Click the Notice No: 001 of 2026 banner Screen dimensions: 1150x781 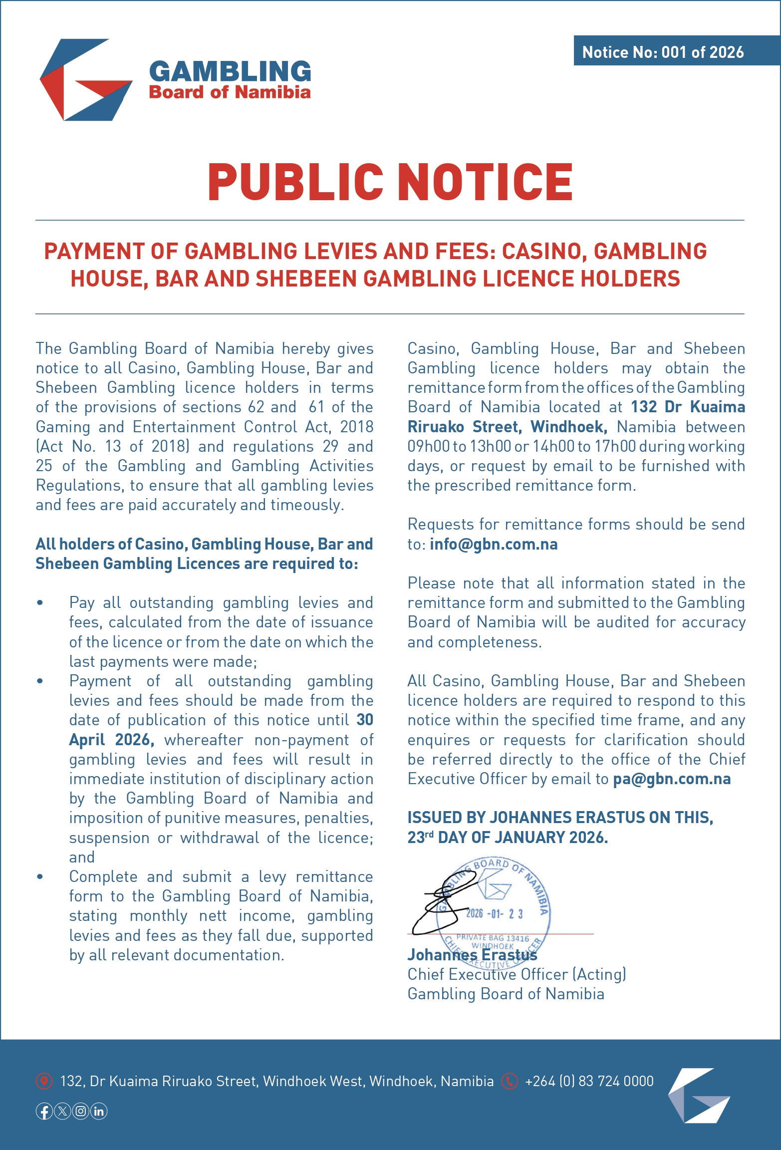click(x=663, y=52)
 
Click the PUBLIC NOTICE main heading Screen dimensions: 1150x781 click(x=390, y=182)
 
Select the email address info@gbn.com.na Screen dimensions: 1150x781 click(x=494, y=544)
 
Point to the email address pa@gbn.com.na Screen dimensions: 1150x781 click(x=672, y=779)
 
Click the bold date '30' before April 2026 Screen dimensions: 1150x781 click(x=365, y=720)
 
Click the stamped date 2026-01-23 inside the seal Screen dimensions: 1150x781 click(x=495, y=913)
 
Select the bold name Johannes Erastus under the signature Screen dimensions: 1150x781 click(x=472, y=954)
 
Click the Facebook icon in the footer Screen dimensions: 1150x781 click(x=44, y=1111)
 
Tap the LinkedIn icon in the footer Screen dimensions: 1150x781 click(x=99, y=1111)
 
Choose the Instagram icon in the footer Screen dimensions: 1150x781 click(x=81, y=1111)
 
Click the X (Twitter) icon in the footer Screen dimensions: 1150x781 click(x=62, y=1111)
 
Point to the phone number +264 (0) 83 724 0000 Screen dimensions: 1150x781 click(x=589, y=1081)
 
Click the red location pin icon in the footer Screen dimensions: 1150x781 click(x=44, y=1081)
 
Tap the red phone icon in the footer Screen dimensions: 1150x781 click(x=509, y=1081)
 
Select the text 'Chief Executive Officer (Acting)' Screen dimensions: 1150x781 click(x=517, y=974)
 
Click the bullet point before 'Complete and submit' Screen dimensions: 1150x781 click(x=40, y=877)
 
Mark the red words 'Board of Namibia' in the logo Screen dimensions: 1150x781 click(x=230, y=92)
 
